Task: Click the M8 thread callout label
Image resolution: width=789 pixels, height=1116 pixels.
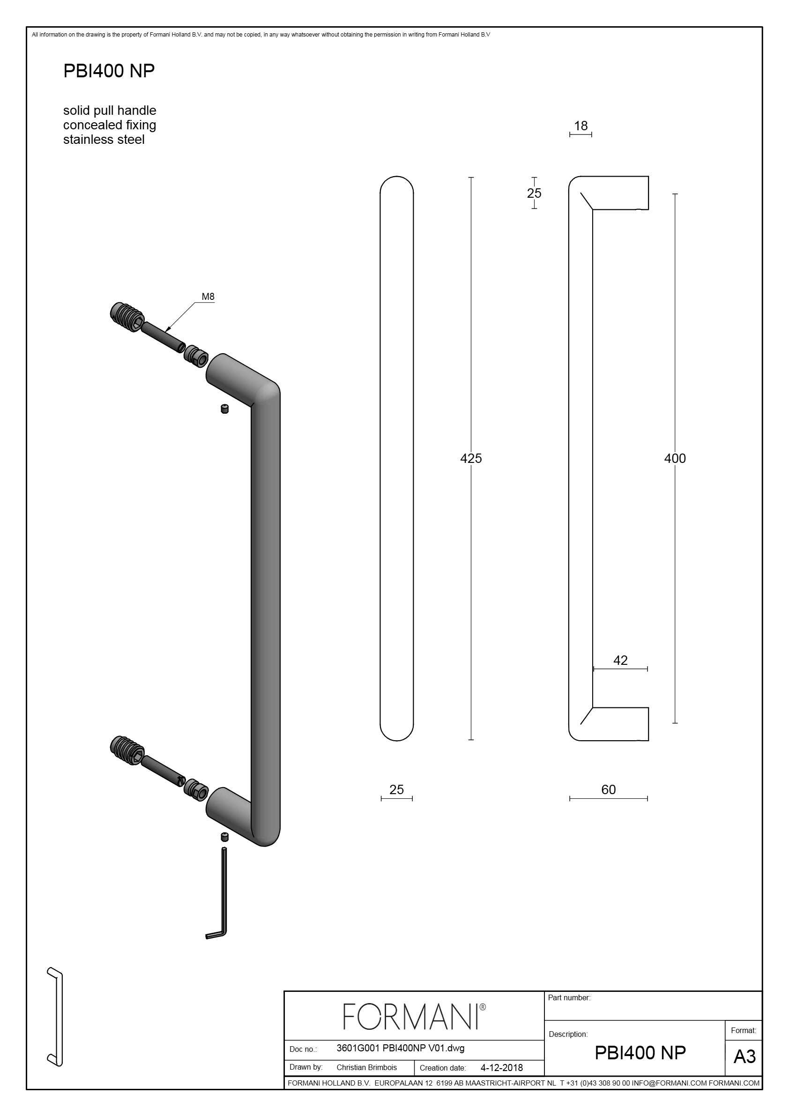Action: click(x=208, y=297)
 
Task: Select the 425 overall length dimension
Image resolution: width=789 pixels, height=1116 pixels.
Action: click(x=470, y=458)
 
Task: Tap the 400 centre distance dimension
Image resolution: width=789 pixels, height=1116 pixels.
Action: click(x=675, y=458)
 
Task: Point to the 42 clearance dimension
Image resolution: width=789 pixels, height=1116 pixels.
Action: click(x=620, y=660)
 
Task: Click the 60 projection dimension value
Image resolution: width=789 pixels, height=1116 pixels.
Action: click(x=609, y=789)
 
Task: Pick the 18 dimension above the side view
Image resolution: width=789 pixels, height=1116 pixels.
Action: click(x=581, y=126)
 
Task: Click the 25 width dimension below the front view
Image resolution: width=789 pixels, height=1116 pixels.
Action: click(x=397, y=789)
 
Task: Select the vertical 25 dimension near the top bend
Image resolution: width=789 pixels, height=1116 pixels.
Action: click(x=534, y=193)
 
